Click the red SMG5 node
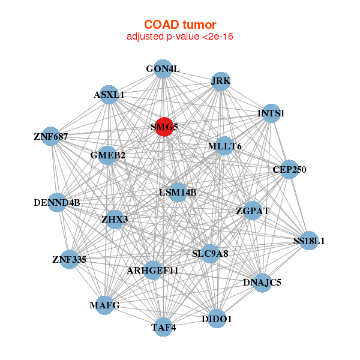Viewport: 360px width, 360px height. coord(164,127)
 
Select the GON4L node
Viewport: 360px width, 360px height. coord(163,69)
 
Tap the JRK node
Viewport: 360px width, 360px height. coord(221,82)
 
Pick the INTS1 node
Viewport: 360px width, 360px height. coord(271,113)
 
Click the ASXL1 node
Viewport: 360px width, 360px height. coord(109,95)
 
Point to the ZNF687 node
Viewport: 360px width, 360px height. coord(51,137)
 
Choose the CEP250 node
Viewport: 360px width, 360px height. coord(289,170)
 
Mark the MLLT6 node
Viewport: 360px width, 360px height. coord(224,146)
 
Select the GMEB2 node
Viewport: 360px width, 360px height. coord(108,156)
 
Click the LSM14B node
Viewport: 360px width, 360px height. coord(178,193)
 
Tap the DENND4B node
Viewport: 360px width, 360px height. coord(58,202)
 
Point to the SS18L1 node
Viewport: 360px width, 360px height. coord(309,241)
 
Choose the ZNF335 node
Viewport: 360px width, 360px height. coord(70,260)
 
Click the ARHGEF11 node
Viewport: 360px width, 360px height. coord(153,271)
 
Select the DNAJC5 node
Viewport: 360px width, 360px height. coord(262,281)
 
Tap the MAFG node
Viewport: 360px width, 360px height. coord(105,305)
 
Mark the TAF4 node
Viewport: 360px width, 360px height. coord(163,327)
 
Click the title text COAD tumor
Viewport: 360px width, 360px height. coord(180,25)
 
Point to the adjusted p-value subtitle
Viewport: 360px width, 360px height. coord(180,37)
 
